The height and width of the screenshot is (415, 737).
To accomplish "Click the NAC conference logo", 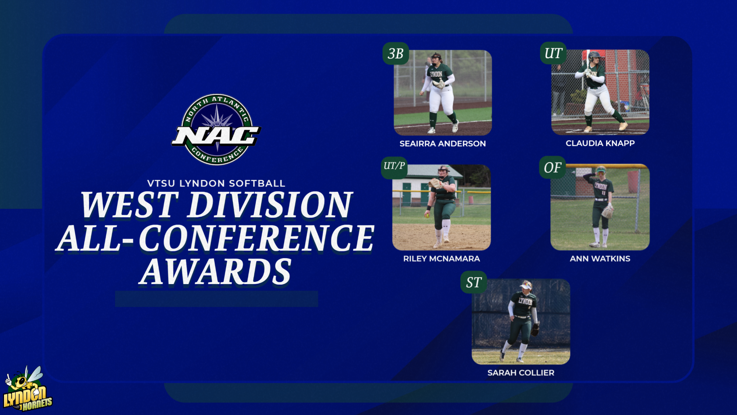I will point(216,129).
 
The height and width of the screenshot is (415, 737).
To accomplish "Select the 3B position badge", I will point(395,54).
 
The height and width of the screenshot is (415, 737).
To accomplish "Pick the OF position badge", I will point(552,168).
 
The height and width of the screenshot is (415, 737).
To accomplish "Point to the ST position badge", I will point(474,283).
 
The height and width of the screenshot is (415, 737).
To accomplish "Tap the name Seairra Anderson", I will point(443,143).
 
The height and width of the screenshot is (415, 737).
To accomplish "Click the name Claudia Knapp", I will point(600,143).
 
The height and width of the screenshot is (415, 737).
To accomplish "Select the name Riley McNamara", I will point(441,259).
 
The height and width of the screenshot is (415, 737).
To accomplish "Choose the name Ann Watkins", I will point(600,259).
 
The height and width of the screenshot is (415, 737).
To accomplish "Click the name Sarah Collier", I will point(521,373).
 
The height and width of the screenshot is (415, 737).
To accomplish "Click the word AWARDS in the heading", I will point(216,272).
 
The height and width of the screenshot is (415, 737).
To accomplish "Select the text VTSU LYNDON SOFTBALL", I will point(216,183).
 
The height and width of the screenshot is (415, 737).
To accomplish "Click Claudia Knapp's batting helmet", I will point(594,56).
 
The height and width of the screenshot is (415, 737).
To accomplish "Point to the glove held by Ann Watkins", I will point(607,212).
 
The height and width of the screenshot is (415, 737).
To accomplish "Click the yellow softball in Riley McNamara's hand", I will point(427,215).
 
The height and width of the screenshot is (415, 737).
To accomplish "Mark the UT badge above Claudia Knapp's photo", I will point(553,53).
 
